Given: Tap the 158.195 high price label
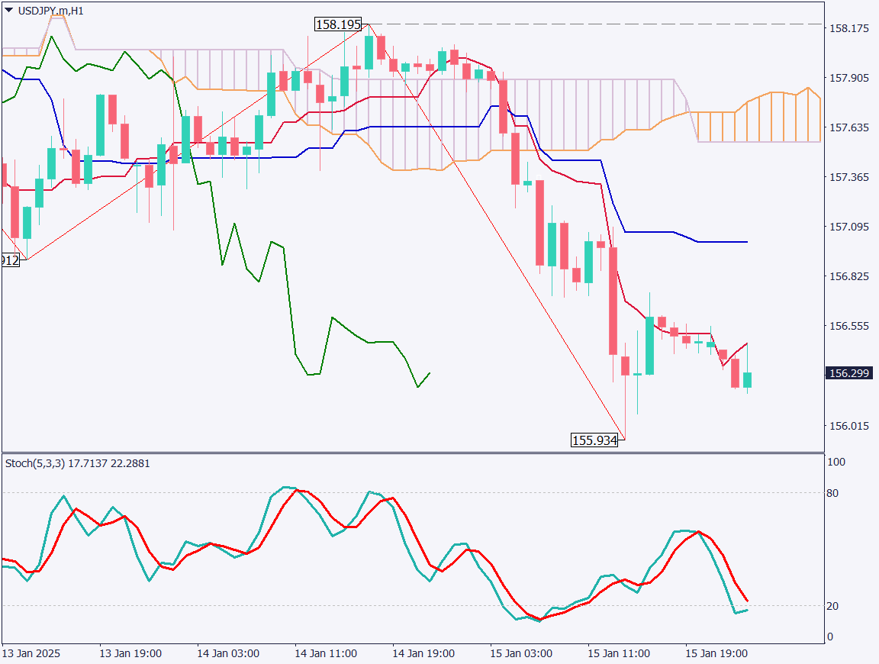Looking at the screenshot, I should (x=338, y=24).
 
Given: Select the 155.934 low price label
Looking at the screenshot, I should (x=594, y=440).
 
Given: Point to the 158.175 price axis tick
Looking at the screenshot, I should (x=849, y=28).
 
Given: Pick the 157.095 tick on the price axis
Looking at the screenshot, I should (x=849, y=227).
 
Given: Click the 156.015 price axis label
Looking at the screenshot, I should (x=849, y=425).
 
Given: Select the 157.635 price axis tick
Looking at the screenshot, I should (x=849, y=127).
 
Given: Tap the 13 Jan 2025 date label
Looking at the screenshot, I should (x=31, y=654).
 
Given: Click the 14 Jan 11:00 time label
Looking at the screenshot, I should (x=326, y=654).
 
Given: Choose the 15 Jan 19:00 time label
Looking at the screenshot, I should (x=716, y=654).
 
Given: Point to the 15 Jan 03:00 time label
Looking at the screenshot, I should (x=521, y=654).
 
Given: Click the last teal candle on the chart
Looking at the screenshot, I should (x=748, y=380).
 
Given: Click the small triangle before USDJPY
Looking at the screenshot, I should (x=8, y=10).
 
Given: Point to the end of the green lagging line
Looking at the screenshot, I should (x=430, y=373).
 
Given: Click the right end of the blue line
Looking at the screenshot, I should (x=747, y=242).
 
